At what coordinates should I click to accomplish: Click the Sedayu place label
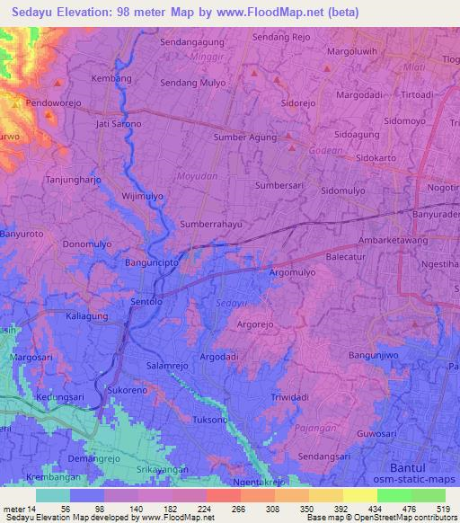[x=230, y=303]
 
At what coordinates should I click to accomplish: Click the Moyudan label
[x=199, y=176]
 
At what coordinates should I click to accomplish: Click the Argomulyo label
[x=292, y=270]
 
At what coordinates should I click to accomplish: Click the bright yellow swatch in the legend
[x=360, y=495]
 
